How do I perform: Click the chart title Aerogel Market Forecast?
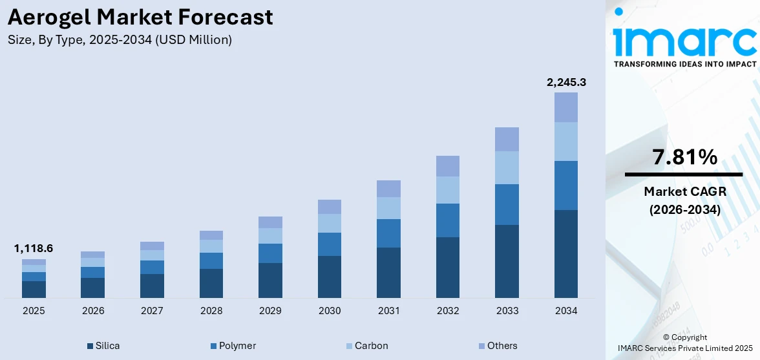[140, 17]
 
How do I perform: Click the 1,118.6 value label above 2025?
[34, 248]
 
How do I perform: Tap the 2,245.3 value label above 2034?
[566, 82]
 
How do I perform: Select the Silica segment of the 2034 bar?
[566, 253]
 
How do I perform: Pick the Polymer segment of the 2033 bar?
[507, 204]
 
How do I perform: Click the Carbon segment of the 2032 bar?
[448, 190]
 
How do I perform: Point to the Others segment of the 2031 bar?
[388, 189]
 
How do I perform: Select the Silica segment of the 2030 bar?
[330, 277]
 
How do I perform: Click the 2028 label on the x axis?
[211, 311]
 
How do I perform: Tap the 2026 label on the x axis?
[93, 311]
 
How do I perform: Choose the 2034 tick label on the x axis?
[566, 311]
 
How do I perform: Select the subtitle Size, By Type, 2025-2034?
[120, 40]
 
